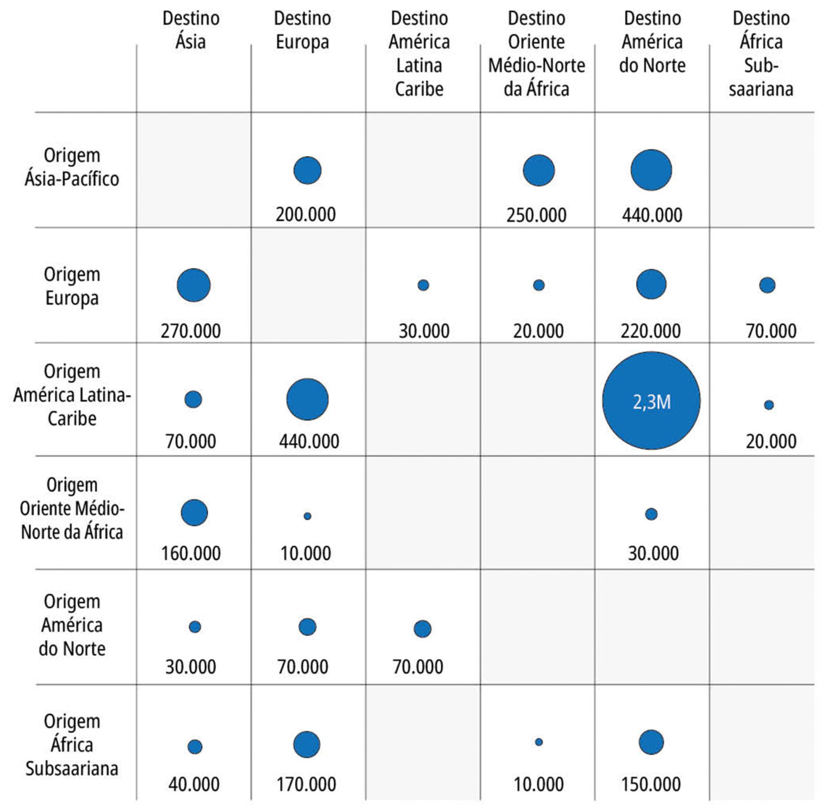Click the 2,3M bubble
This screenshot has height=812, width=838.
tap(651, 401)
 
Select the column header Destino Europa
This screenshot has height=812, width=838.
tap(302, 30)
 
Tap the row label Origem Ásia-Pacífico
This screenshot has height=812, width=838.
tap(72, 167)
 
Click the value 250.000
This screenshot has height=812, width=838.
tap(536, 215)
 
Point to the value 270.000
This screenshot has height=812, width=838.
tap(190, 331)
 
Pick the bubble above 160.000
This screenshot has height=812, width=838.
tap(194, 513)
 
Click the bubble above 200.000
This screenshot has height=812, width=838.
tap(307, 170)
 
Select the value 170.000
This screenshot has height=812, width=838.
tap(306, 784)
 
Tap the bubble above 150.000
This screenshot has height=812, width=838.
tap(651, 743)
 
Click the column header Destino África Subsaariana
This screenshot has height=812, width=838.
tap(761, 53)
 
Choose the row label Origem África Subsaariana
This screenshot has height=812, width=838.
tap(72, 745)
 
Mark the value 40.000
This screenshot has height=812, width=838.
tap(194, 784)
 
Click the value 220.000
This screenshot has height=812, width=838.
tap(651, 331)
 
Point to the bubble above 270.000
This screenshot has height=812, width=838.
tap(194, 285)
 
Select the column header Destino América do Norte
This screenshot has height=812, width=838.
tap(652, 41)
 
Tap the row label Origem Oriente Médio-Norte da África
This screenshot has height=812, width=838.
tap(72, 508)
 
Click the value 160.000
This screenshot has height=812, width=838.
tap(190, 553)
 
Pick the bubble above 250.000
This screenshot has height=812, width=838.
tap(539, 170)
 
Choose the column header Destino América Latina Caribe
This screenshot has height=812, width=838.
tap(419, 53)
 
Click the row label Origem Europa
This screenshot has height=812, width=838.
tap(72, 286)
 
